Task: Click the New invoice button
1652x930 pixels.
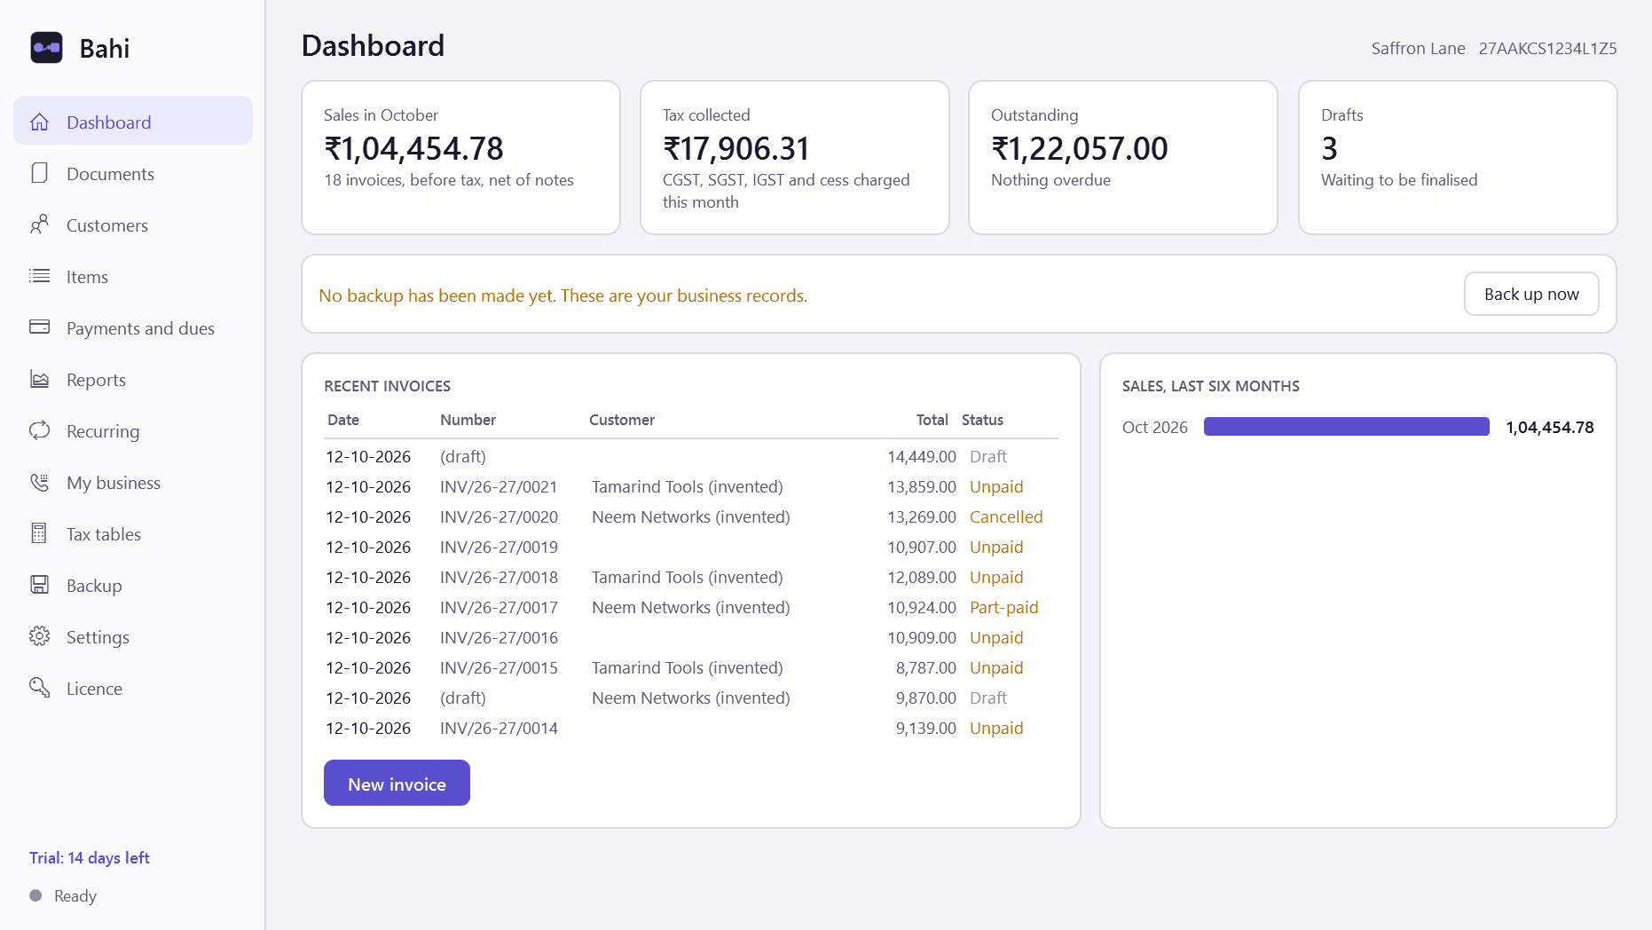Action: point(397,783)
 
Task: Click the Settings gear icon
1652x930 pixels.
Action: point(40,636)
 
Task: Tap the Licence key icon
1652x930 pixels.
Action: point(40,688)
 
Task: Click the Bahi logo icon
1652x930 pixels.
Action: point(47,48)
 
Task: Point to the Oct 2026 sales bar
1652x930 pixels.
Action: point(1346,427)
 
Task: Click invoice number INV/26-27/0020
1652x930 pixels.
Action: point(499,516)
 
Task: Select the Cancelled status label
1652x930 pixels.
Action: point(1006,516)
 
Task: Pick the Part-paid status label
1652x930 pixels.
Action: point(1003,607)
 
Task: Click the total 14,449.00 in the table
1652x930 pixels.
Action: point(922,456)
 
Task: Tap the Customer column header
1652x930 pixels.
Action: point(622,420)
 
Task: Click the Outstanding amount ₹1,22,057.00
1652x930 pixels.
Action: point(1080,148)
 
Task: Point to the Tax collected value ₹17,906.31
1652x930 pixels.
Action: point(736,148)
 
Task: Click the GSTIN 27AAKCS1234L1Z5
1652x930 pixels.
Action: point(1547,48)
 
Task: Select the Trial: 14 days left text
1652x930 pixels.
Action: point(90,857)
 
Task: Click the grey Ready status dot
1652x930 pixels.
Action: point(35,895)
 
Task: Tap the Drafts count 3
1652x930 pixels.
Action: point(1329,148)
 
